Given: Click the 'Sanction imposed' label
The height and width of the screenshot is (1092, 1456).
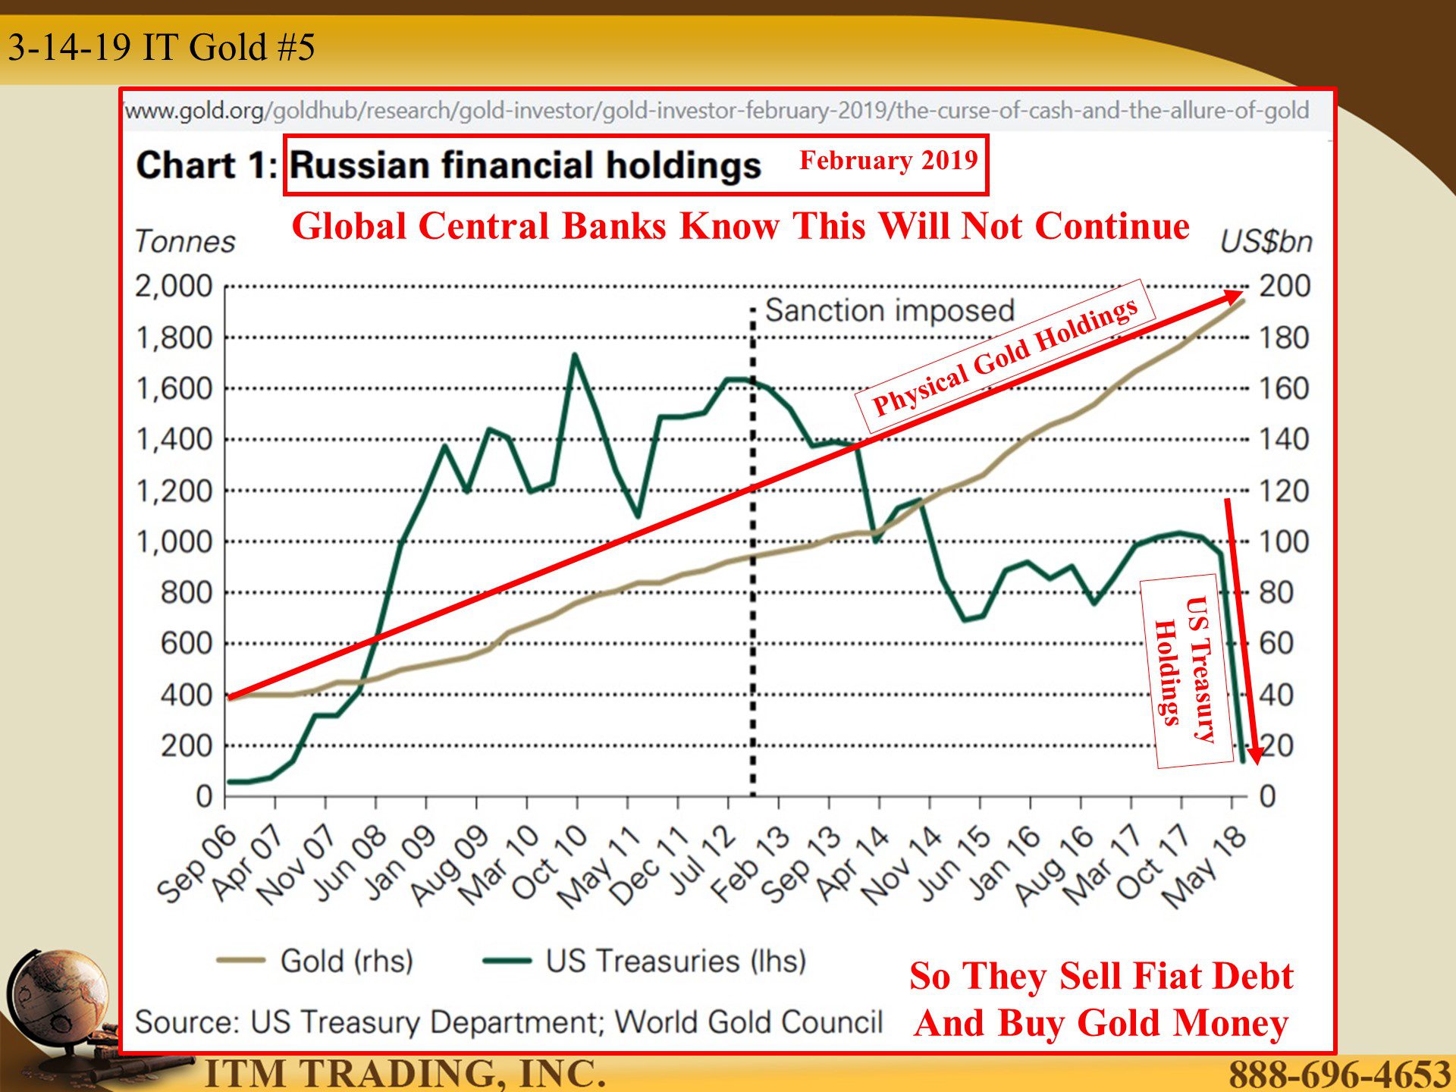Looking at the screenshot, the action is [890, 311].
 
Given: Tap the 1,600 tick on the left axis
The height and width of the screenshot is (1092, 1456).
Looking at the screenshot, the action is [174, 389].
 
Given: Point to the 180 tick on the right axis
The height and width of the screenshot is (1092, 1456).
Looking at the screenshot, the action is [1284, 338].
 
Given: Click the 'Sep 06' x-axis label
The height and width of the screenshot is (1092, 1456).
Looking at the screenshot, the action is [196, 864].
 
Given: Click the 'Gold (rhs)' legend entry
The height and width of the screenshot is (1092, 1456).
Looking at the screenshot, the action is [315, 961].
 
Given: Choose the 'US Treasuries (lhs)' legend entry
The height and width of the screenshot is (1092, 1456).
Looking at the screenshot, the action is [645, 961].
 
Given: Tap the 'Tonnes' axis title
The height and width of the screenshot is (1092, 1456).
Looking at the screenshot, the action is [185, 242].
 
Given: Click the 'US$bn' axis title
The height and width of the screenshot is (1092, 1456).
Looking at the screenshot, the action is [1266, 242].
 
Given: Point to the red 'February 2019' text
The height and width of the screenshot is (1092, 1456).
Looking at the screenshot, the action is [889, 161].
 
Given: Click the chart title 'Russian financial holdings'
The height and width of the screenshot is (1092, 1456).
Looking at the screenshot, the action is [525, 165].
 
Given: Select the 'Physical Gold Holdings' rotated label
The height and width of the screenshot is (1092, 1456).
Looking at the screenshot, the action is [1005, 356].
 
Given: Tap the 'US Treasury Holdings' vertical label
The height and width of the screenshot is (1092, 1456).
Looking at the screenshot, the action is [1186, 671].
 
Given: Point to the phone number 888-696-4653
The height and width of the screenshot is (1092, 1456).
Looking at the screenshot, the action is [1339, 1074].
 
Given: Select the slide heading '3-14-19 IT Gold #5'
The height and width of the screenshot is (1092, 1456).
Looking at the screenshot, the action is [162, 47].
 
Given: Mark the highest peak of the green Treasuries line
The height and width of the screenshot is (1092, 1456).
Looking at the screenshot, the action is [575, 354].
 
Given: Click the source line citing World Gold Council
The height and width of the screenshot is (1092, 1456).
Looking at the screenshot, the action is [509, 1022].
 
